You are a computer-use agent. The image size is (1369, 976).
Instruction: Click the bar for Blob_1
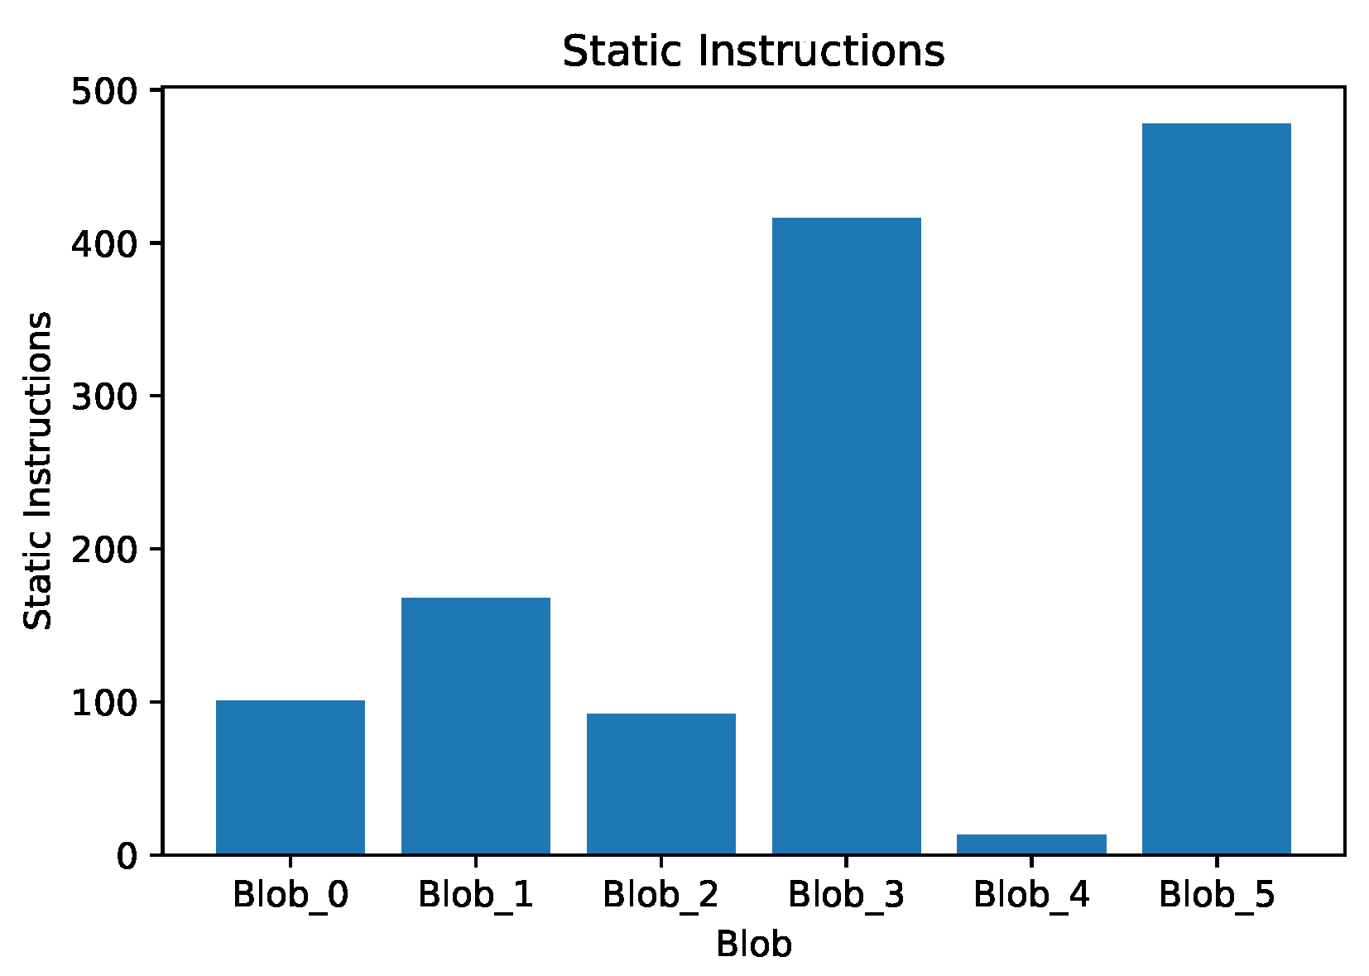tap(475, 725)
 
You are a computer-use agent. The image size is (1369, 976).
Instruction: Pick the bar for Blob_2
tap(660, 783)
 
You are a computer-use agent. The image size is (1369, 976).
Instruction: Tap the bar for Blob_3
tap(846, 536)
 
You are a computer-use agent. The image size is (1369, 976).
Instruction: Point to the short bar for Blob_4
tap(1031, 844)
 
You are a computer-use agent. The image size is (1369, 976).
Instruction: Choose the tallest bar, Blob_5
tap(1216, 488)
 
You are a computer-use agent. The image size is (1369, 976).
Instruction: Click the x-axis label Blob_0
tap(290, 896)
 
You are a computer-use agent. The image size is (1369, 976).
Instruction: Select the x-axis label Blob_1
tap(475, 896)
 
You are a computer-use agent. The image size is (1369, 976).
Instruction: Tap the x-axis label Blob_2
tap(660, 896)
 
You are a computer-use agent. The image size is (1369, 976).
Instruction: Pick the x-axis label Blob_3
tap(846, 896)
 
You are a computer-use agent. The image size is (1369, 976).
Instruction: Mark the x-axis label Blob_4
tap(1031, 896)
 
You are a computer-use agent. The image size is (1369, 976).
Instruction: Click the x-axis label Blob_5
tap(1216, 896)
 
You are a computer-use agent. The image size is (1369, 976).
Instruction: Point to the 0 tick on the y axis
tap(126, 855)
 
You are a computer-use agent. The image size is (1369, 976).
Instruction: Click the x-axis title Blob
tap(753, 945)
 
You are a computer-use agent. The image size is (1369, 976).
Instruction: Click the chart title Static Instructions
tap(753, 51)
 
